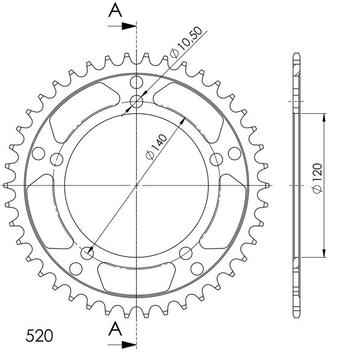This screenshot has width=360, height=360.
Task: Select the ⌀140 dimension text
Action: [x=156, y=147]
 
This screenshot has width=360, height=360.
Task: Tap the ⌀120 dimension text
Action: [x=318, y=178]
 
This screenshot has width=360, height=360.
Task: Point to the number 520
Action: [x=40, y=336]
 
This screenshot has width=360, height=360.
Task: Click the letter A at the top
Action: [x=115, y=11]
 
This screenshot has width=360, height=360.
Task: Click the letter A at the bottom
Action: [x=115, y=329]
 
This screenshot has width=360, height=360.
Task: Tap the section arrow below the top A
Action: [x=122, y=26]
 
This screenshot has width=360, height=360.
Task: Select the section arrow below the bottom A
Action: [x=122, y=345]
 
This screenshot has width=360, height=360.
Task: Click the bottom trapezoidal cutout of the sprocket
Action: [x=136, y=279]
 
